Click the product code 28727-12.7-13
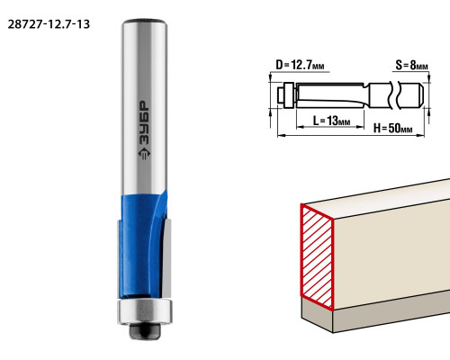pyautogui.click(x=49, y=24)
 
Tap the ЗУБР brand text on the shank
pyautogui.click(x=144, y=122)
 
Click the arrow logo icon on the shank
pyautogui.click(x=144, y=154)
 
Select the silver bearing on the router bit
pyautogui.click(x=145, y=311)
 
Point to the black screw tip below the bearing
pyautogui.click(x=145, y=331)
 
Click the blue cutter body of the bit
pyautogui.click(x=142, y=246)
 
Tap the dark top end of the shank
pyautogui.click(x=144, y=22)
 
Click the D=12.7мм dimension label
pyautogui.click(x=300, y=65)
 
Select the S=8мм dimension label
pyautogui.click(x=411, y=65)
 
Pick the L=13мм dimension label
pyautogui.click(x=331, y=121)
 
